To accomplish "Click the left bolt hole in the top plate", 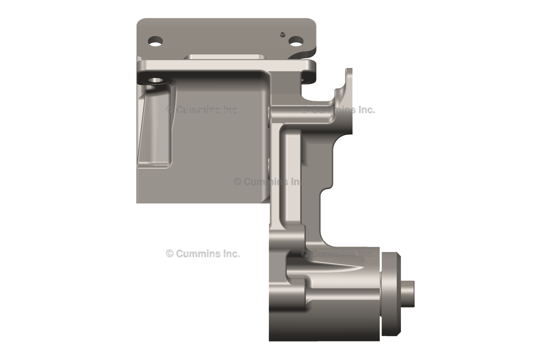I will click(x=155, y=41).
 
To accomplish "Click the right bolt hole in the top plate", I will click(x=296, y=41).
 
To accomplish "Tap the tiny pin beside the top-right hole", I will click(x=283, y=35).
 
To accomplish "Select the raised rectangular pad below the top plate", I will click(x=225, y=56).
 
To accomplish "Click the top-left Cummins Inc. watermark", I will click(x=202, y=110).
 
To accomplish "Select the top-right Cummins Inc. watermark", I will click(x=338, y=110).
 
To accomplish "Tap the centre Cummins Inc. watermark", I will click(x=269, y=181).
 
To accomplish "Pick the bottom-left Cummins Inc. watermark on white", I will click(x=202, y=253).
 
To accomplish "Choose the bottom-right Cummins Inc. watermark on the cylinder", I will click(x=338, y=253).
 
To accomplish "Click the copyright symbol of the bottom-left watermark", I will click(x=170, y=253).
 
